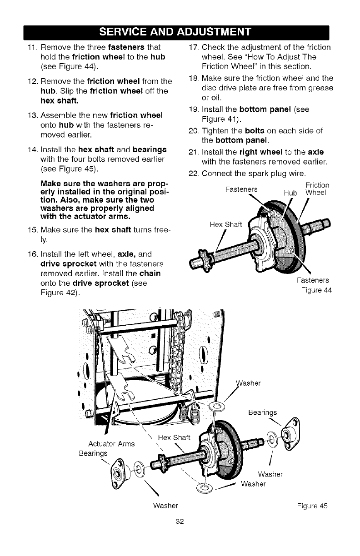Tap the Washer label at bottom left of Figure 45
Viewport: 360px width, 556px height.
coord(165,506)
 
